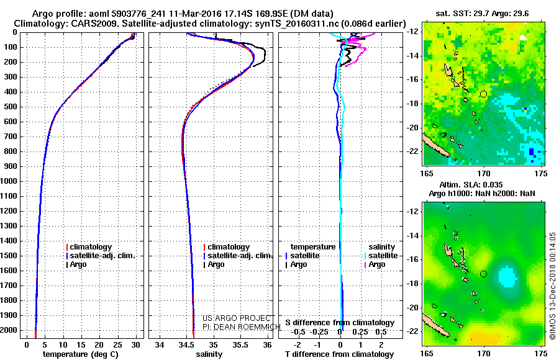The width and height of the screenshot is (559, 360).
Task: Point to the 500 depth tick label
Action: [12, 107]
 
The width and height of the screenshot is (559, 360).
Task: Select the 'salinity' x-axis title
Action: [208, 354]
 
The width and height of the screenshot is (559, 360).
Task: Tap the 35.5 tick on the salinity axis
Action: [240, 344]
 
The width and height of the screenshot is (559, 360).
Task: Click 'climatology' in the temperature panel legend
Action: [91, 247]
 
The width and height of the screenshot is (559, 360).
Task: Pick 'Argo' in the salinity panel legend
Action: [216, 264]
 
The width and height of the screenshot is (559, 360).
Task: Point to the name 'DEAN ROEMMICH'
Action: [238, 325]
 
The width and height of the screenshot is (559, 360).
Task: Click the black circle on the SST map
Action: [483, 94]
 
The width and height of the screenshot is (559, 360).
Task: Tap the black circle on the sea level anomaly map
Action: [483, 274]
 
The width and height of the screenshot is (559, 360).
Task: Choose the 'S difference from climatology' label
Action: [340, 323]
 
